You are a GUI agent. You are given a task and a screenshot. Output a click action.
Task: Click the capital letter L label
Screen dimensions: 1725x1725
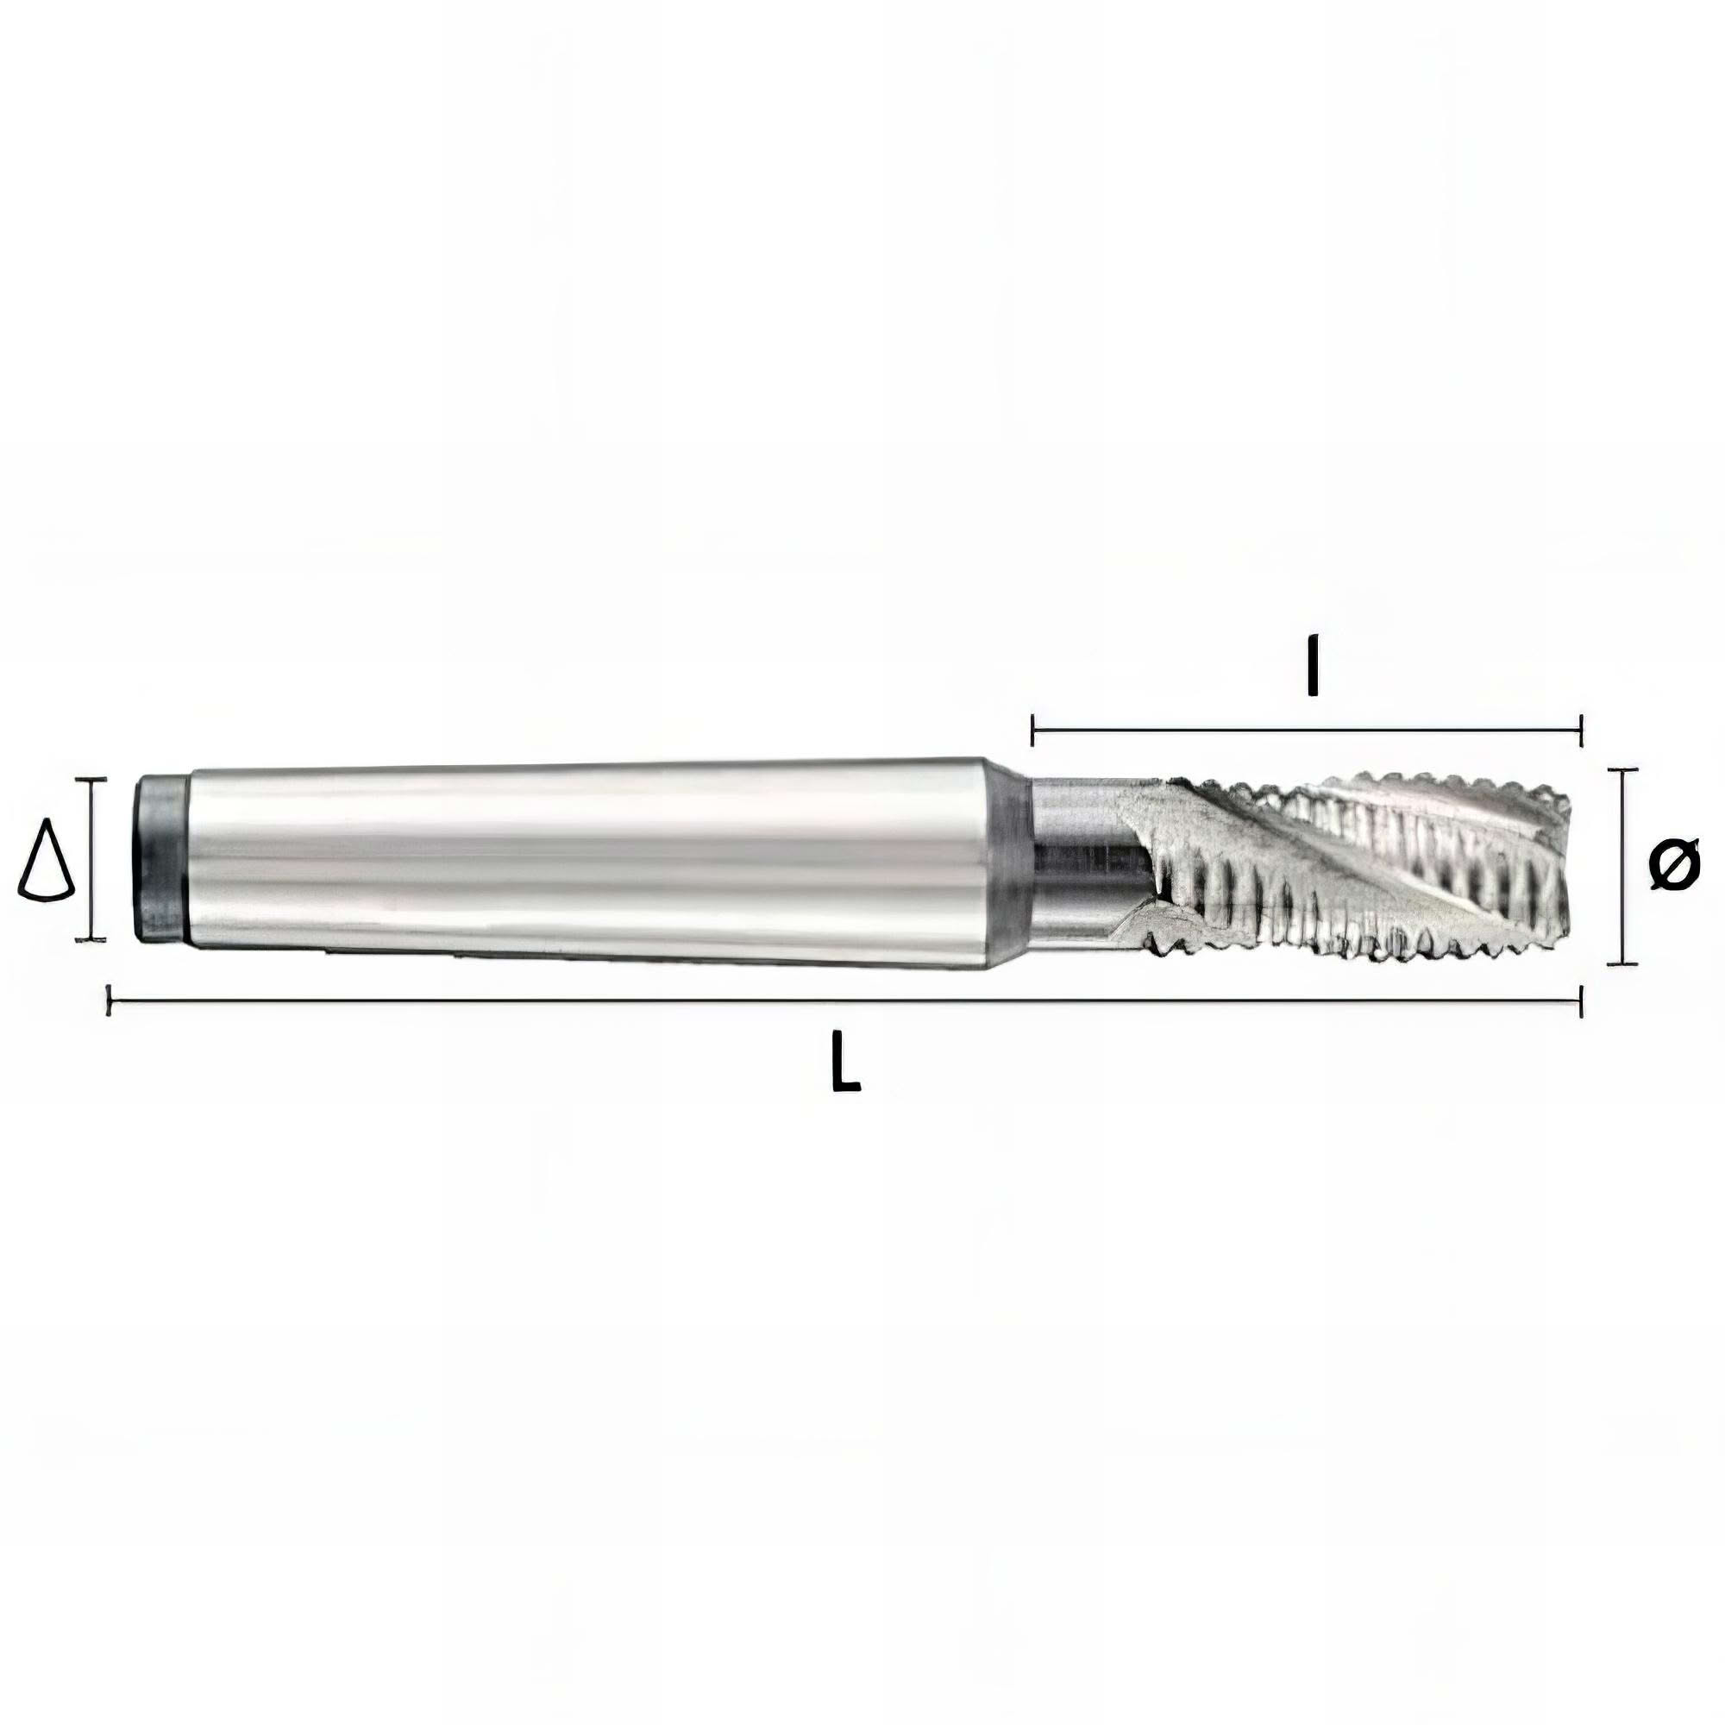click(844, 1061)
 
